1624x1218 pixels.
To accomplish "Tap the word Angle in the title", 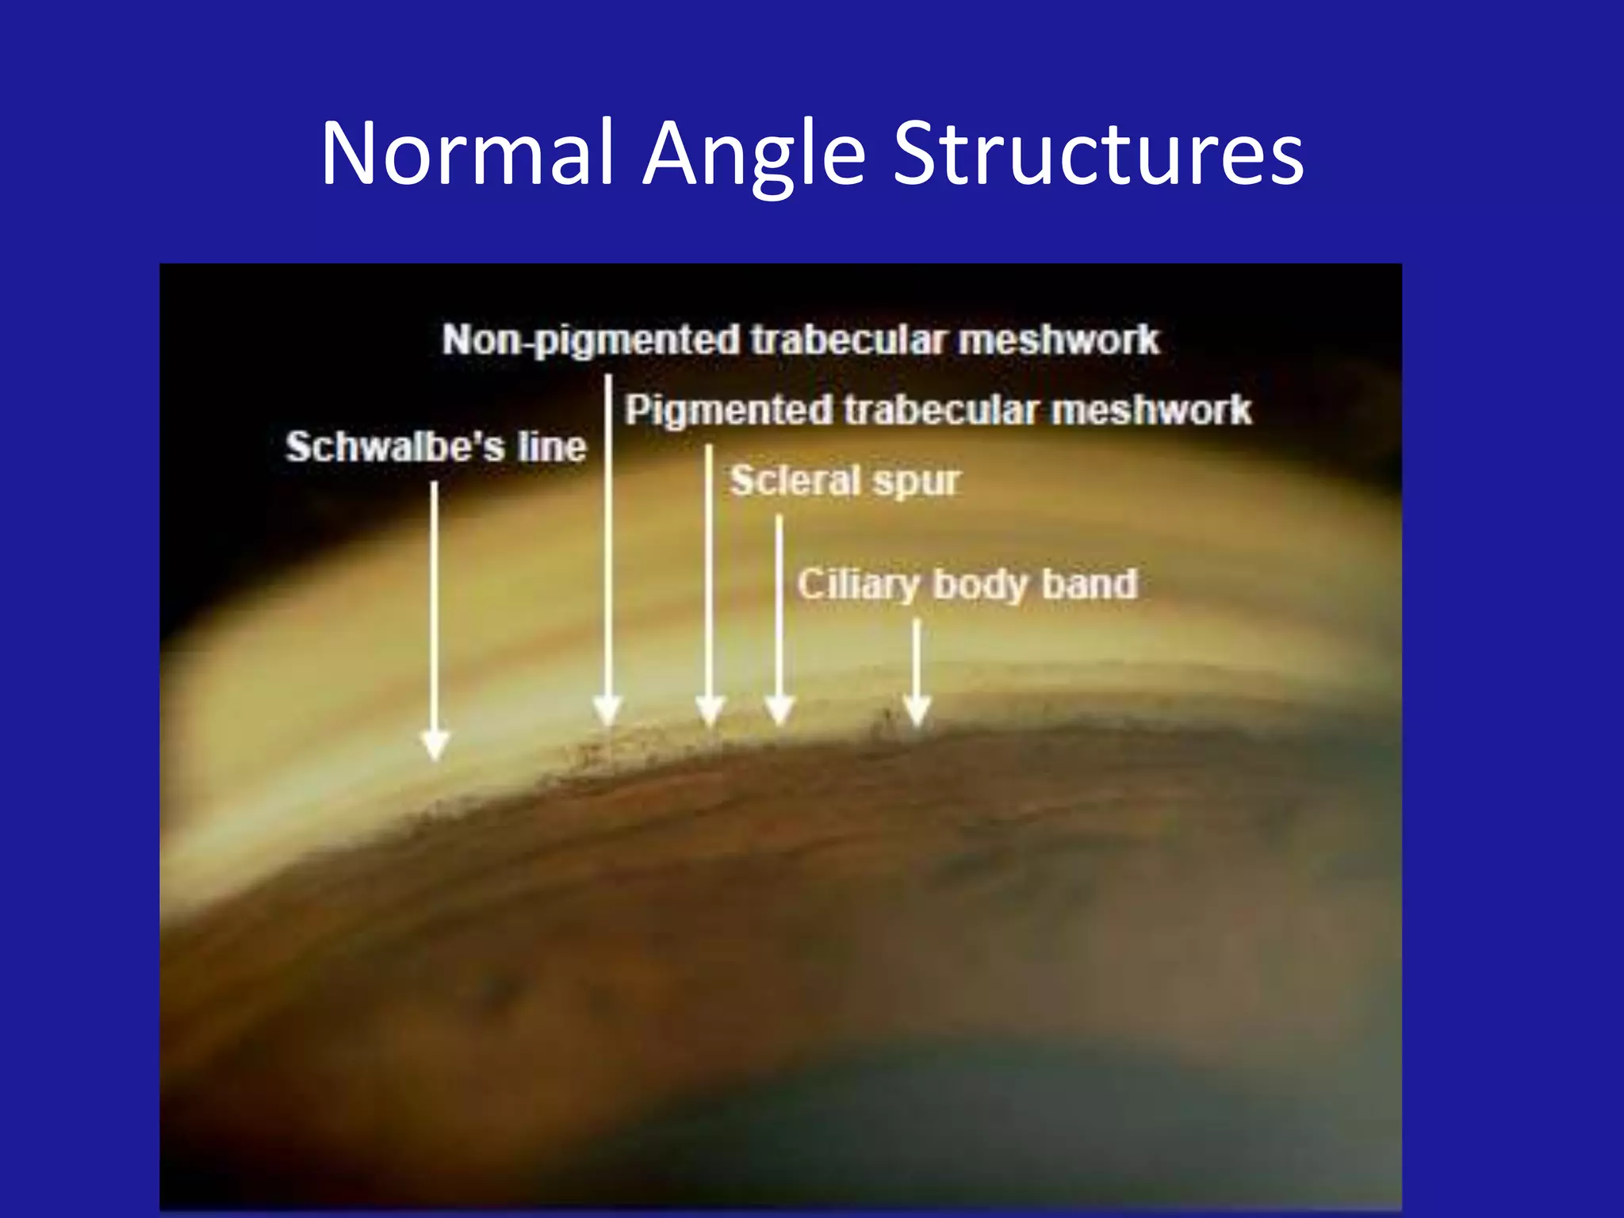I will pyautogui.click(x=753, y=155).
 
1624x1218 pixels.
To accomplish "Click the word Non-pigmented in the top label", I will pyautogui.click(x=590, y=341).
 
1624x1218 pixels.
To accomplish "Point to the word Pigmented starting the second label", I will pyautogui.click(x=728, y=411).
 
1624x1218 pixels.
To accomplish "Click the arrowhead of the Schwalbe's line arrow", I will pyautogui.click(x=435, y=745).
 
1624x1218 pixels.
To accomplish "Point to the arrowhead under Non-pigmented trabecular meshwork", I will pyautogui.click(x=608, y=710).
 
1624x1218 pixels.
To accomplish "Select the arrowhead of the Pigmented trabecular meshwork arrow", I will pyautogui.click(x=710, y=710).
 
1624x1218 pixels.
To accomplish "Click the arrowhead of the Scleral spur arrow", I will pyautogui.click(x=779, y=710).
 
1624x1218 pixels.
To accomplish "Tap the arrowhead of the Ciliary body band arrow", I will pyautogui.click(x=917, y=710).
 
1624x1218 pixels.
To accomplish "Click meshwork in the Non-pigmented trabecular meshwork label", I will pyautogui.click(x=1059, y=340).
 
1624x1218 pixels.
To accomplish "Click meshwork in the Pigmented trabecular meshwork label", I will pyautogui.click(x=1151, y=411).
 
